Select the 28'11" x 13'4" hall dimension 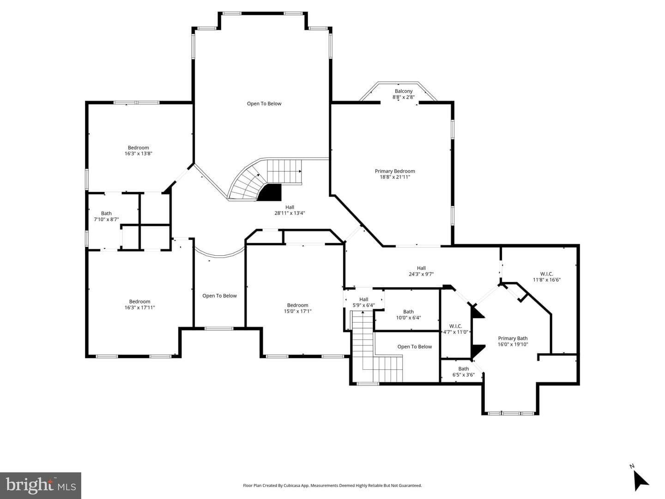click(290, 213)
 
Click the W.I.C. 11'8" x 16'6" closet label click(546, 277)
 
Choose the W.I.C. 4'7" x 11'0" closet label click(456, 329)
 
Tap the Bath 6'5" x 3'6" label click(464, 372)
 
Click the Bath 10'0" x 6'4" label click(408, 315)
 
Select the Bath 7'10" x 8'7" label click(106, 216)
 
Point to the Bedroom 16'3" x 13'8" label click(138, 150)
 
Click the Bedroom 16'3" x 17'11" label click(139, 304)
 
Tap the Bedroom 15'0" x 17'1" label click(297, 308)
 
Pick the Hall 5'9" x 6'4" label click(363, 302)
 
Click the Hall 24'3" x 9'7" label click(421, 271)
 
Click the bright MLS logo click(41, 486)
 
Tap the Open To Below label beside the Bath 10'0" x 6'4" click(414, 346)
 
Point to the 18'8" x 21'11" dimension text click(395, 177)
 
